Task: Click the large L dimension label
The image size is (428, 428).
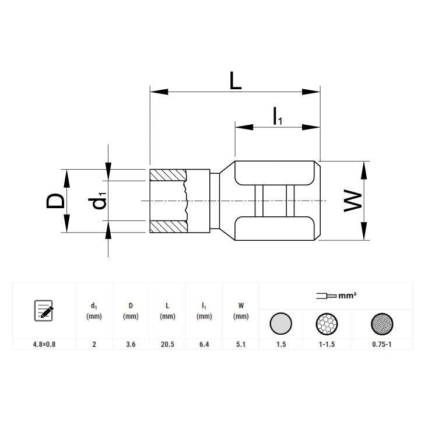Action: (236, 80)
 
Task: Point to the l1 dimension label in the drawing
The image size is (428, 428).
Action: (278, 116)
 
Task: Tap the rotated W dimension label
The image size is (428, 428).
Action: (353, 201)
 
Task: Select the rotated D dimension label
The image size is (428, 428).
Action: (55, 201)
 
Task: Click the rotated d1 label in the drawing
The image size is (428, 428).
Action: (97, 201)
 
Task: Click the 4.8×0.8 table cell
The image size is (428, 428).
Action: (44, 344)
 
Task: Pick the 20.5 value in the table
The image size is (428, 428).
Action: (167, 344)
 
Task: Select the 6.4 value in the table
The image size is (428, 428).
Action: (204, 344)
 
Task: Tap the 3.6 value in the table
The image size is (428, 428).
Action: (131, 344)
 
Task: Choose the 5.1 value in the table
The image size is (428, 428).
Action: (241, 344)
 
